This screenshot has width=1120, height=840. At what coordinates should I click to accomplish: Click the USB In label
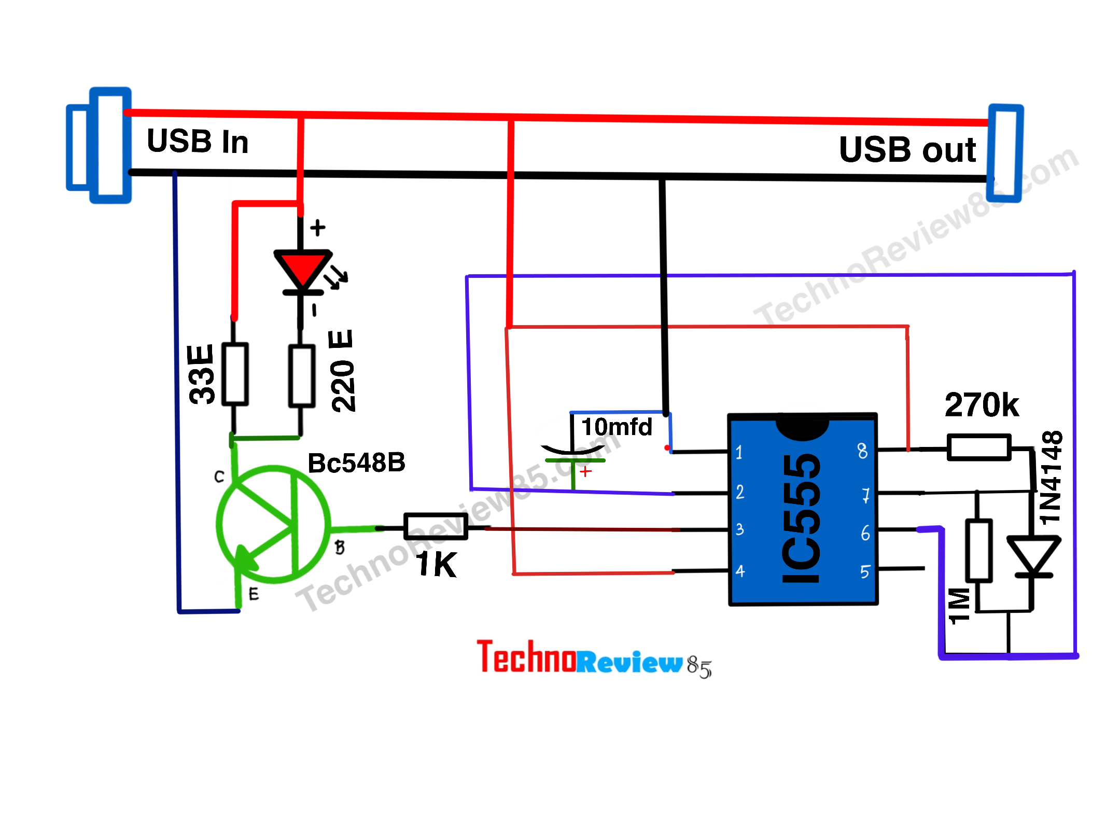point(198,141)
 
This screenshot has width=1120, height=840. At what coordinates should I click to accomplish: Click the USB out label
point(907,150)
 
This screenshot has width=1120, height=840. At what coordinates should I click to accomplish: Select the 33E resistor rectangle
point(235,373)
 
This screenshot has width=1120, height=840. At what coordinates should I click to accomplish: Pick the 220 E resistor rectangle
point(302,376)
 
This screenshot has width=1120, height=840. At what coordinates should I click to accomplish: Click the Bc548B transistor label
point(356,463)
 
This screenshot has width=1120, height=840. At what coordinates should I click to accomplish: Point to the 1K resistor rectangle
point(436,526)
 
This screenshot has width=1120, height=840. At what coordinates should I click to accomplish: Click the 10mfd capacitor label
point(617,427)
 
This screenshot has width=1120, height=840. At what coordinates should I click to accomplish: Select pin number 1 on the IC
point(739,452)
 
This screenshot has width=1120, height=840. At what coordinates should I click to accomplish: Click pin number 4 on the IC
point(740,571)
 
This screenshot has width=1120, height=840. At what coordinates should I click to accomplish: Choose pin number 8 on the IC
point(862,451)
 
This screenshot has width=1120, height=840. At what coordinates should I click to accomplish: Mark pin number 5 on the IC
point(864,572)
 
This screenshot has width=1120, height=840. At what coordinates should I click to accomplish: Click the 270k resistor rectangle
point(979,447)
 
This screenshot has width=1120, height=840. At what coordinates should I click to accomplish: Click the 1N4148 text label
point(1051,477)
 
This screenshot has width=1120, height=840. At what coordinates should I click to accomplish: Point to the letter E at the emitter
point(254,594)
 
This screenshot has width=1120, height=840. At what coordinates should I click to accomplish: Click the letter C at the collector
point(219,477)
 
